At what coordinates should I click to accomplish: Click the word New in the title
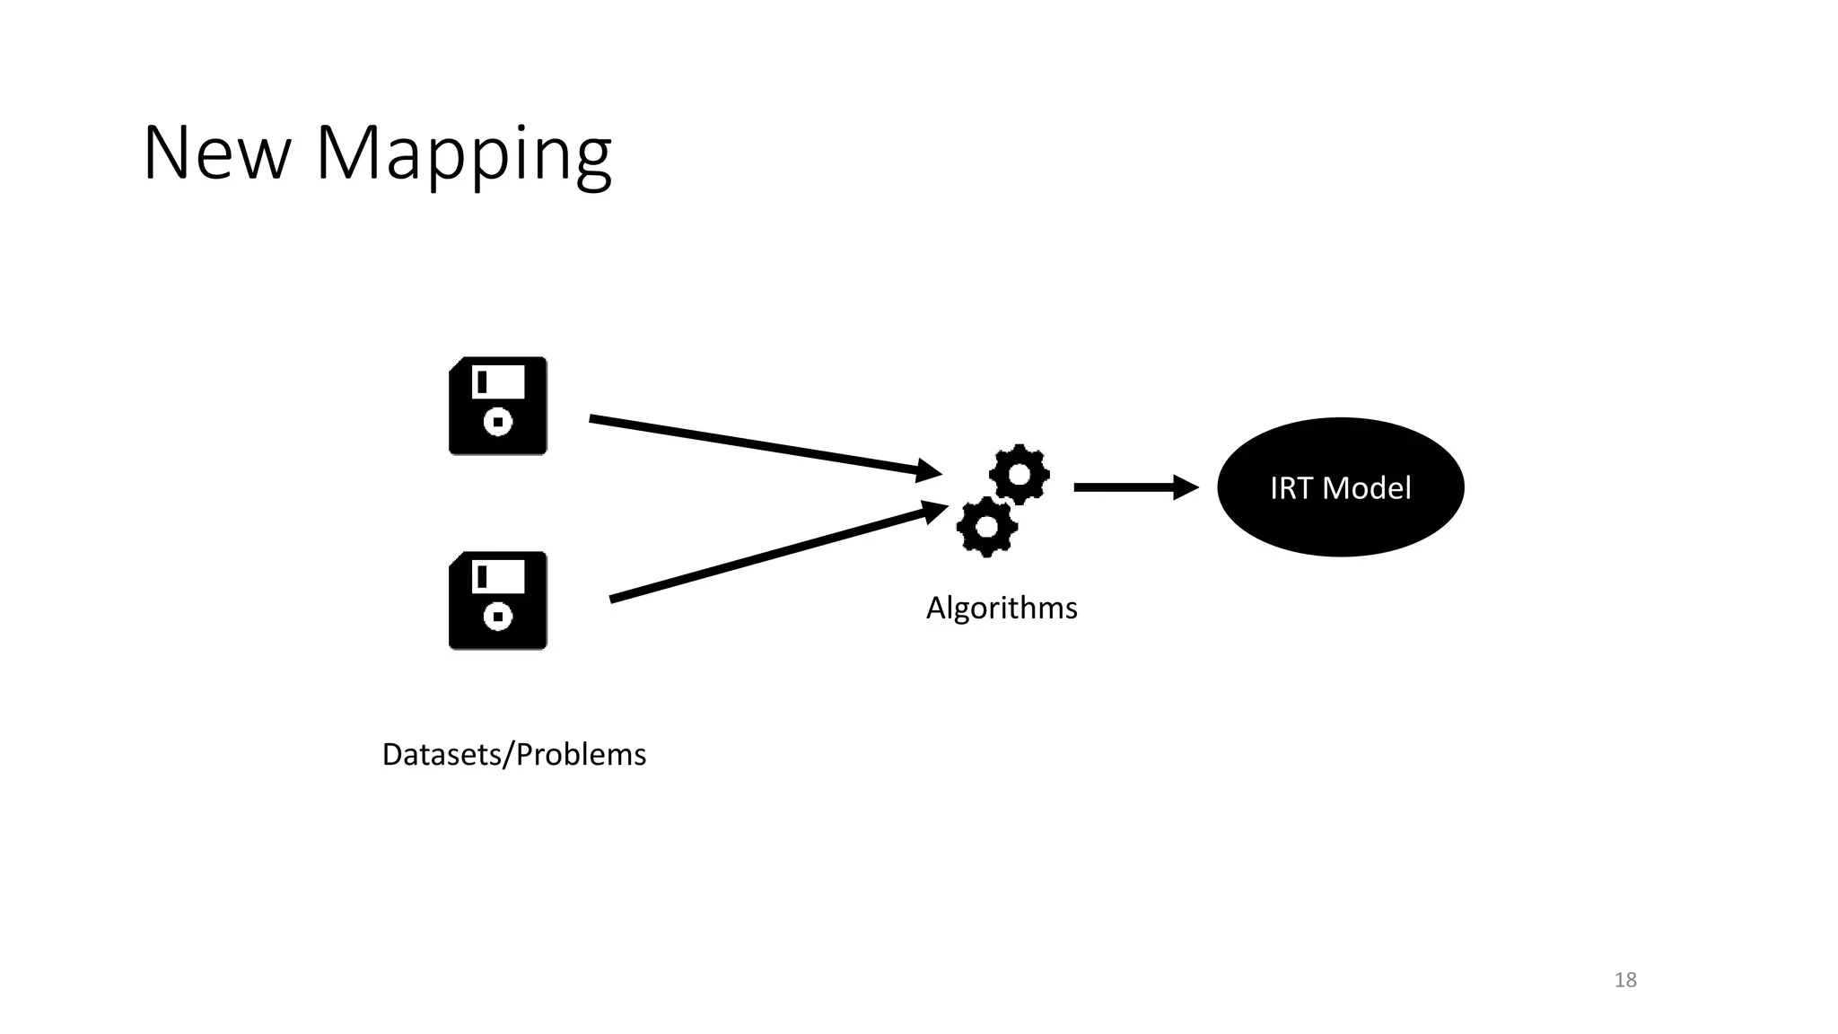click(x=216, y=153)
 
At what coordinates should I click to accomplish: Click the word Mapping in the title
click(x=463, y=155)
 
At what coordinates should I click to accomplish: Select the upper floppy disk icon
click(x=498, y=406)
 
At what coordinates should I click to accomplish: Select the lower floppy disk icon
click(x=498, y=600)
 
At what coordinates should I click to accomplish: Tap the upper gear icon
click(x=1020, y=473)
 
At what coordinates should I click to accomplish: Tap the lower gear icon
click(x=987, y=527)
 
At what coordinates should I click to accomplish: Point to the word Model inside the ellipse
click(x=1367, y=488)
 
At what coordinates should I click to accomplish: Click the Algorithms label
click(x=1002, y=608)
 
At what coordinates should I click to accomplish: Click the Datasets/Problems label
click(x=513, y=754)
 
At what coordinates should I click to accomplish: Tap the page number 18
click(x=1625, y=979)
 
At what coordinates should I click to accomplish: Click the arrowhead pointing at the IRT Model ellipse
click(x=1186, y=487)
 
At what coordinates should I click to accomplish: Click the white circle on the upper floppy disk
click(x=498, y=421)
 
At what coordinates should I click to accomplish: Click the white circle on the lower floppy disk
click(x=498, y=616)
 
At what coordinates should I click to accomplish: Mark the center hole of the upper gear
click(x=1020, y=472)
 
